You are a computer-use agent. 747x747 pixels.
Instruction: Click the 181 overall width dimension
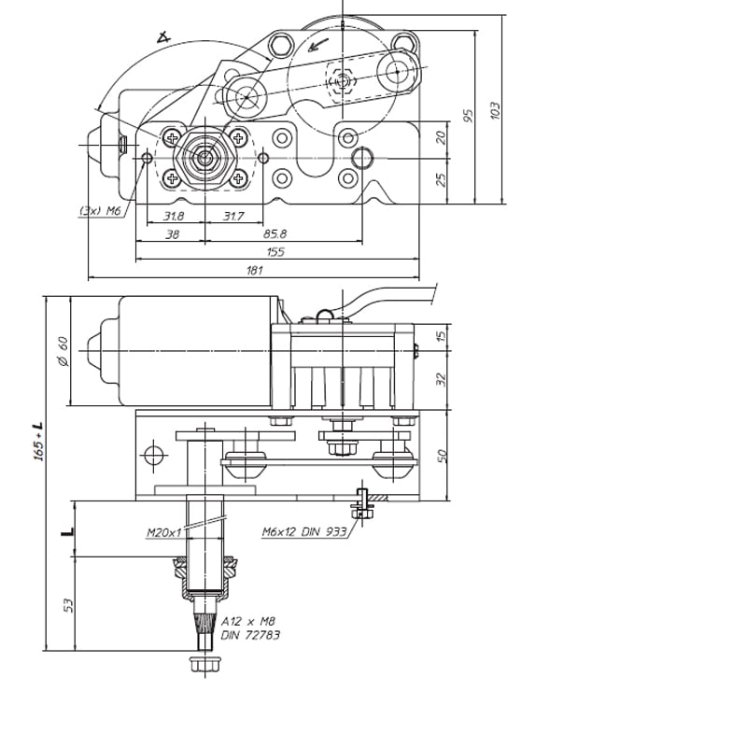coord(255,271)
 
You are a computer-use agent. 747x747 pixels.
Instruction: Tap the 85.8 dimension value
coord(275,233)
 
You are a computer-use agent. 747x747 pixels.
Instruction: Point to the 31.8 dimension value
coord(174,216)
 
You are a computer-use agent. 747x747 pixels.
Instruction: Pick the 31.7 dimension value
coord(234,216)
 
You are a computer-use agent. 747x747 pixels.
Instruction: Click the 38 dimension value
coord(171,233)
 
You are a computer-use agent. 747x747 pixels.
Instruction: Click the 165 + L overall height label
coord(38,440)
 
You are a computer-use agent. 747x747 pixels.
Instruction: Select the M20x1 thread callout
coord(162,533)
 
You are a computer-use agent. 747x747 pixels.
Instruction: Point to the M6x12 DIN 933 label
coord(304,531)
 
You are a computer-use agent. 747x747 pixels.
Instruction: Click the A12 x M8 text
coord(248,621)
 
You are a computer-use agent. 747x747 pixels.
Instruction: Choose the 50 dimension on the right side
coord(444,455)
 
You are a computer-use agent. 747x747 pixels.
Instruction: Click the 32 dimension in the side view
coord(444,379)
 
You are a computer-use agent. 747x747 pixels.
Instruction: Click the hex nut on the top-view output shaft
coord(204,157)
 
